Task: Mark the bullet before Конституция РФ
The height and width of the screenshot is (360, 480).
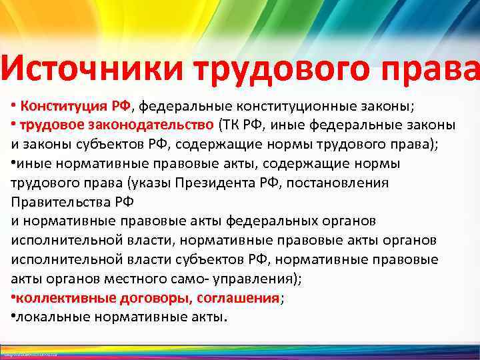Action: pyautogui.click(x=13, y=106)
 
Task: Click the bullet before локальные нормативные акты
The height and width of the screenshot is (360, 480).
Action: pyautogui.click(x=13, y=317)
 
